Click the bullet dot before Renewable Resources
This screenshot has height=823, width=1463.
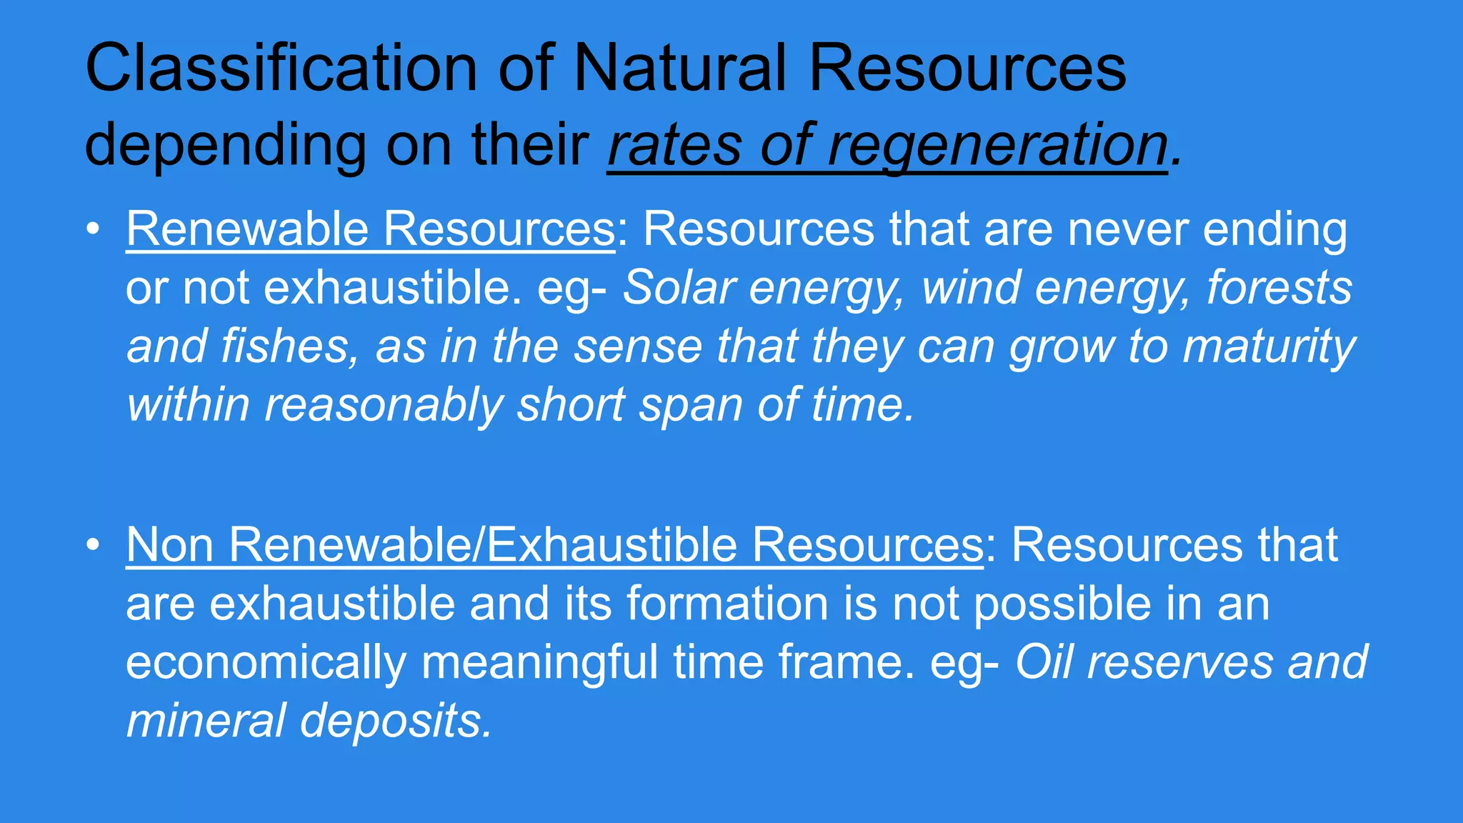point(92,229)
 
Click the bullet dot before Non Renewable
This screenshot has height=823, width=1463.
point(92,545)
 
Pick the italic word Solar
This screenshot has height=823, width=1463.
point(679,288)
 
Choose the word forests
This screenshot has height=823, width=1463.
point(1279,288)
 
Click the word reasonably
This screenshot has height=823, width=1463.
point(384,405)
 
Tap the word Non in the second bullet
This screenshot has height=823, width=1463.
point(169,545)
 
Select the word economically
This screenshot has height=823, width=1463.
point(266,662)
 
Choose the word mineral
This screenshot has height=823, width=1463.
point(206,721)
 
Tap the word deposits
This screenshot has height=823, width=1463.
point(396,721)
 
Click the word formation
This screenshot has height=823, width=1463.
point(727,604)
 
